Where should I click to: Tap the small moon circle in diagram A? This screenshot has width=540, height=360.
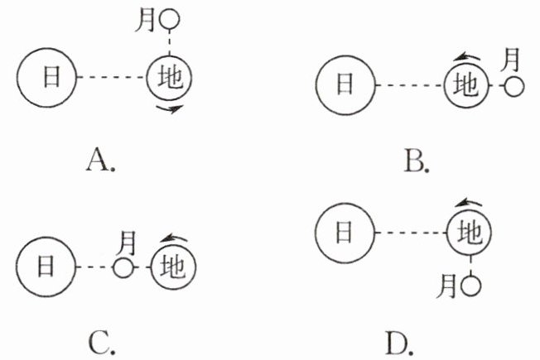point(170,17)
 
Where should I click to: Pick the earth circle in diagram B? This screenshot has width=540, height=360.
point(469,85)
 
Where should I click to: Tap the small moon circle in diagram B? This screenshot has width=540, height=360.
point(514,85)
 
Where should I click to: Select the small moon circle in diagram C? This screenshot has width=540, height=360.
point(123,267)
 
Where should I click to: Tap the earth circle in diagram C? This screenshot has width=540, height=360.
point(173,266)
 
